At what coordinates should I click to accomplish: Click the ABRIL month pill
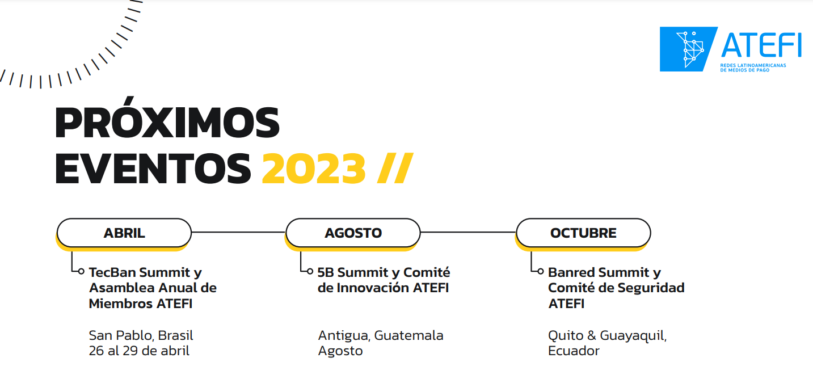pyautogui.click(x=124, y=233)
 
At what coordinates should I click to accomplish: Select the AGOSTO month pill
pyautogui.click(x=353, y=233)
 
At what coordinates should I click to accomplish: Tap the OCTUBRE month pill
pyautogui.click(x=583, y=233)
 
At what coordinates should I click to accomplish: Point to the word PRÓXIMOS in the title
pyautogui.click(x=168, y=123)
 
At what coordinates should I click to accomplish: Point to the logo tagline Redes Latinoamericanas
pyautogui.click(x=757, y=65)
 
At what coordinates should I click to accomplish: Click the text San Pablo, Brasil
pyautogui.click(x=141, y=335)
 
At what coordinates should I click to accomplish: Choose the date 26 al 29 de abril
pyautogui.click(x=139, y=351)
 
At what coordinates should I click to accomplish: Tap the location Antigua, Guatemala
pyautogui.click(x=381, y=335)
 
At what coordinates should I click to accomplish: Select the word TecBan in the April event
pyautogui.click(x=112, y=273)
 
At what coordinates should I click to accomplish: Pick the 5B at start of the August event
pyautogui.click(x=326, y=273)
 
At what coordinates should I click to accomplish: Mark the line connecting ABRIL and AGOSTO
pyautogui.click(x=238, y=232)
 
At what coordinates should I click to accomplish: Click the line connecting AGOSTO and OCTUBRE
pyautogui.click(x=468, y=232)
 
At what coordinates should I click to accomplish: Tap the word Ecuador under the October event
pyautogui.click(x=574, y=351)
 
